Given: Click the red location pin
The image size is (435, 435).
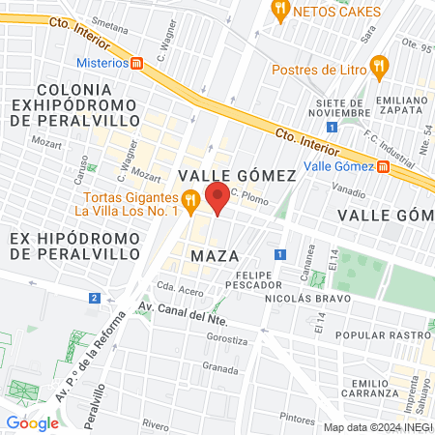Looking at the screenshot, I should tap(218, 198).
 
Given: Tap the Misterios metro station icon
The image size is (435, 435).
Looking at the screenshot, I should tap(137, 63).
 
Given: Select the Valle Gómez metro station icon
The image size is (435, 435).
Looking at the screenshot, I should tap(383, 166).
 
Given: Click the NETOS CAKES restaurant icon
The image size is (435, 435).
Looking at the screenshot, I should tap(280, 12).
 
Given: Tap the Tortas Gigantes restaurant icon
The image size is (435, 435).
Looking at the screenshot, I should tap(190, 202).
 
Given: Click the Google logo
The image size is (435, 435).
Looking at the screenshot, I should tap(32, 422).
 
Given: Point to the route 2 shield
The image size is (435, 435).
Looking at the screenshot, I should tap(94, 298).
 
